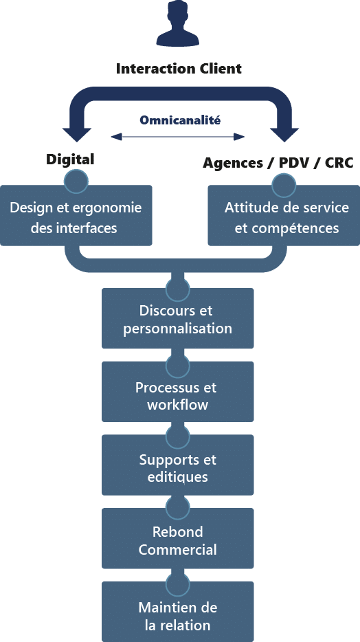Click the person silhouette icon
[177, 24]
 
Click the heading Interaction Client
[179, 68]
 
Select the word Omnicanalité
[180, 120]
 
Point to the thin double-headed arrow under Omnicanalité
[177, 137]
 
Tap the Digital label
[70, 159]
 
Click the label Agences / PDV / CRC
[278, 163]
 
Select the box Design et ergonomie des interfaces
[76, 215]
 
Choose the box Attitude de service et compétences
[284, 215]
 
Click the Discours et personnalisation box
[177, 318]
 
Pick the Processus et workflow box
[177, 391]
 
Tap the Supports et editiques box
[177, 465]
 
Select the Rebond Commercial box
[177, 538]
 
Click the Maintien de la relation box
[177, 612]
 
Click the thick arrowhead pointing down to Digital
[76, 134]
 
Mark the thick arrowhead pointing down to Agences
[284, 134]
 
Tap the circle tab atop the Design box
[76, 181]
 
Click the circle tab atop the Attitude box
[284, 185]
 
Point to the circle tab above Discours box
[177, 288]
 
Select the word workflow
[177, 405]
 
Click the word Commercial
[177, 549]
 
